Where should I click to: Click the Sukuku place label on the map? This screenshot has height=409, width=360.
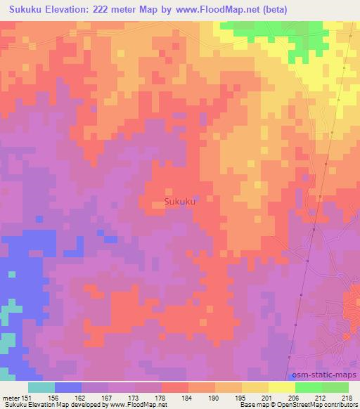[179, 202]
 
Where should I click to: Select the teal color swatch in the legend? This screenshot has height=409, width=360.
[41, 387]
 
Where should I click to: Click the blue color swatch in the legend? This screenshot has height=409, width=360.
[68, 387]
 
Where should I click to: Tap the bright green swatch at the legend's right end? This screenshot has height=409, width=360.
[335, 387]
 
